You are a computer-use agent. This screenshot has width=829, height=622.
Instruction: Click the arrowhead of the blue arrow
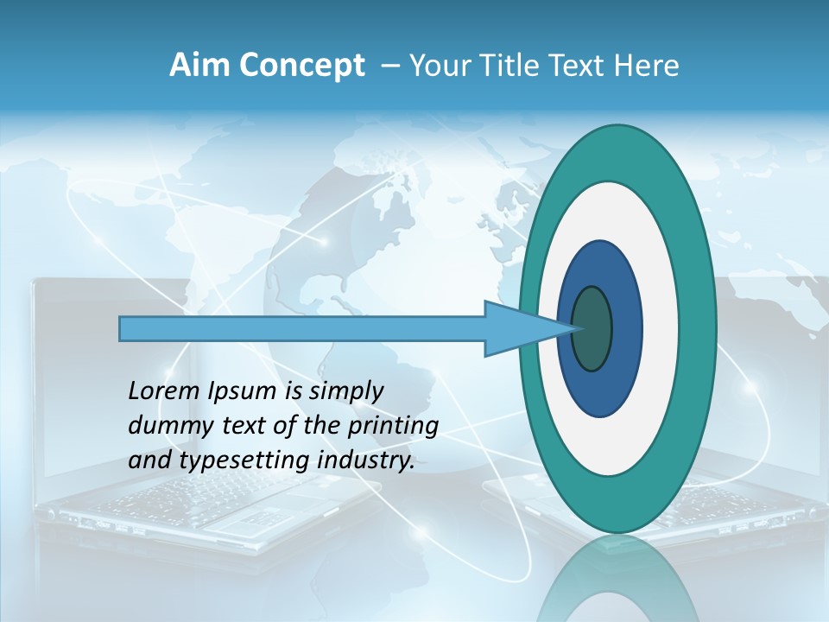pyautogui.click(x=527, y=329)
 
